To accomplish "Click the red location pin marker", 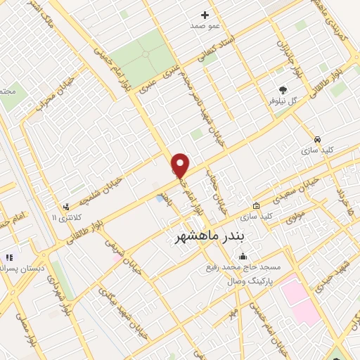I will [181, 165].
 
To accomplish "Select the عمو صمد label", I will [205, 25].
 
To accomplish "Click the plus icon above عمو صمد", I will [205, 14].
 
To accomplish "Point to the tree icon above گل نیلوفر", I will [283, 90].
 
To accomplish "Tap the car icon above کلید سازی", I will [318, 139].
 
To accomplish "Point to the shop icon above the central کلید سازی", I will [256, 206].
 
